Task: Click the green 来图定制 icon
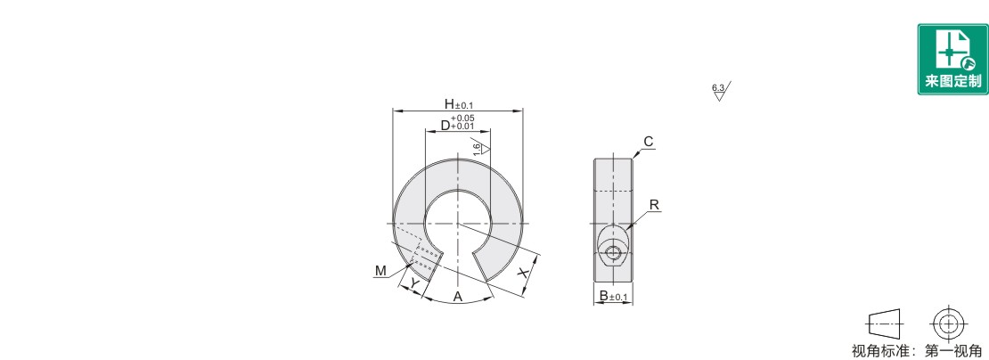(x=952, y=60)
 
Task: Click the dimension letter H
(x=448, y=103)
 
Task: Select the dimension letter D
(x=445, y=126)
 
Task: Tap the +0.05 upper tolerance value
(x=462, y=118)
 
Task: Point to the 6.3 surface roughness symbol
(x=720, y=92)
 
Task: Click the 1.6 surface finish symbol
(x=481, y=147)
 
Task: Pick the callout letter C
(x=649, y=141)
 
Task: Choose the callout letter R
(x=654, y=205)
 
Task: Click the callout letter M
(x=380, y=271)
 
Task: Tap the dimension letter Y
(x=413, y=283)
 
